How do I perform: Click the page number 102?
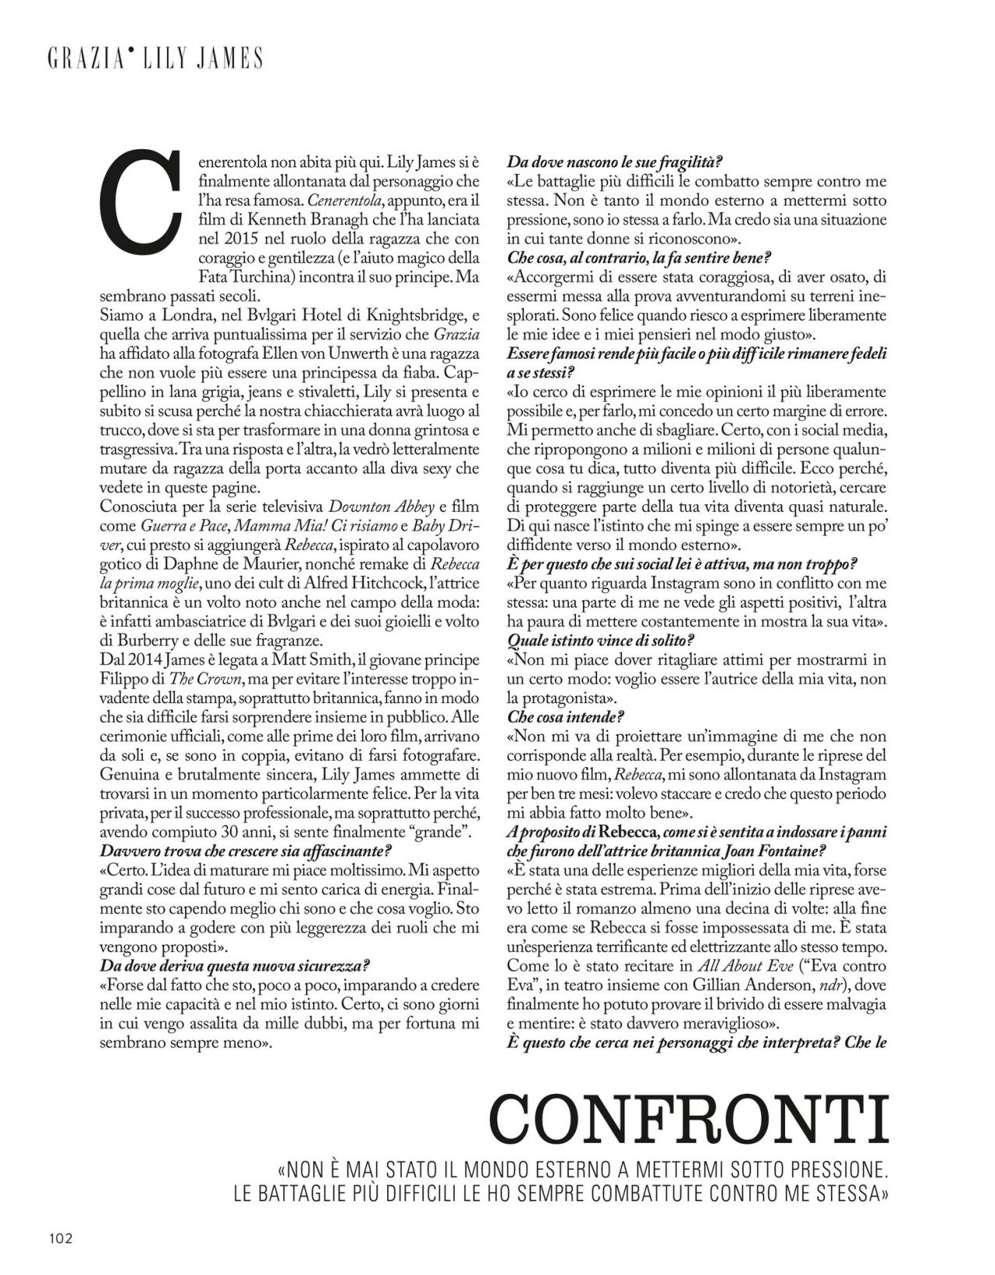click(59, 1238)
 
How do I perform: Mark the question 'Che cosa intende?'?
click(566, 716)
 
